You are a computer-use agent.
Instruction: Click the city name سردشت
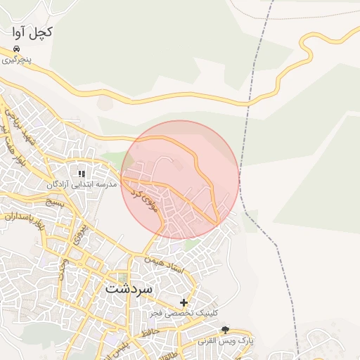pos(129,289)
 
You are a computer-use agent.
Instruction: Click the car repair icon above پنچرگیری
pos(16,49)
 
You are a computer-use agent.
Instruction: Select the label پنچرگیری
pos(16,60)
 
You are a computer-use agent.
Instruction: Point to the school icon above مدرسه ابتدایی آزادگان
pos(82,174)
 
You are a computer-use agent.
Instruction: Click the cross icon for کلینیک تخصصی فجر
pos(184,302)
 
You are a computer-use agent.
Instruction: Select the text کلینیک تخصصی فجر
pos(185,313)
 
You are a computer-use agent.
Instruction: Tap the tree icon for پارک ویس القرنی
pos(225,330)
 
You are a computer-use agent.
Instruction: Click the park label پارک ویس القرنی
pos(225,340)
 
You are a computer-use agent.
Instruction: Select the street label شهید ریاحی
pos(17,127)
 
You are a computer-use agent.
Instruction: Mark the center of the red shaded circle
pos(180,180)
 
